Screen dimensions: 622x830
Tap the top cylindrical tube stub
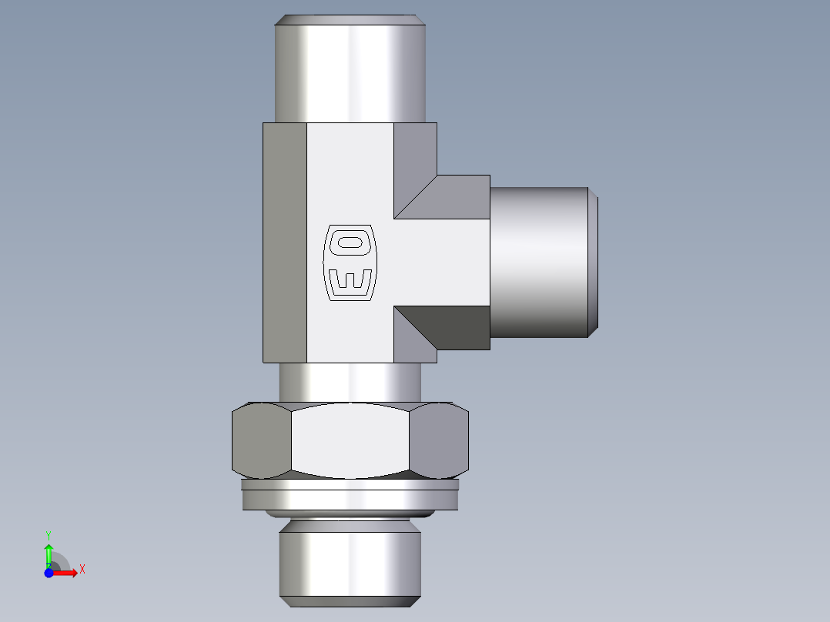[350, 69]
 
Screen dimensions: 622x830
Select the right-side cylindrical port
[539, 262]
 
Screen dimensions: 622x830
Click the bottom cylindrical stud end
[350, 562]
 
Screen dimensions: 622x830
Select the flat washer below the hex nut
[350, 497]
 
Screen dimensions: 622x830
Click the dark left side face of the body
[285, 242]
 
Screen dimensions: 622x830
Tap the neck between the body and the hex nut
[350, 382]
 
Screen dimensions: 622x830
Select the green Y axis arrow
[49, 553]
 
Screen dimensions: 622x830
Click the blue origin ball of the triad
[49, 573]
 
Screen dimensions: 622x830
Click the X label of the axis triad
[82, 570]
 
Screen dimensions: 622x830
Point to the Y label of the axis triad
[49, 533]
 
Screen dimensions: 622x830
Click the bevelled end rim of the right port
[593, 262]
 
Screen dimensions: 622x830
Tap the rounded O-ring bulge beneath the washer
[350, 513]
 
